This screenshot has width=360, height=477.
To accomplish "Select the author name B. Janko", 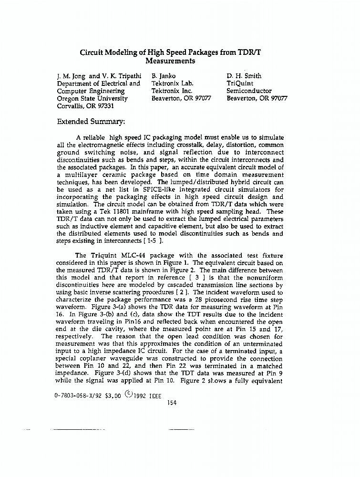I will (x=164, y=76).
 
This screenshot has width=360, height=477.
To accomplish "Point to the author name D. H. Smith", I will (x=244, y=76).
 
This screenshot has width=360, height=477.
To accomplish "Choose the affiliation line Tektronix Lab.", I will (x=172, y=83).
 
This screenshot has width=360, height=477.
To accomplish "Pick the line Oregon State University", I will (x=93, y=99).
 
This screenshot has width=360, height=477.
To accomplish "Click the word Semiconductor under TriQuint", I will (x=249, y=91).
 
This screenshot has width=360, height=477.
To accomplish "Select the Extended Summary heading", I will (x=91, y=122).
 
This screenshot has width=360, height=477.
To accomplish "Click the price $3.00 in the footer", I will (x=113, y=395).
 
